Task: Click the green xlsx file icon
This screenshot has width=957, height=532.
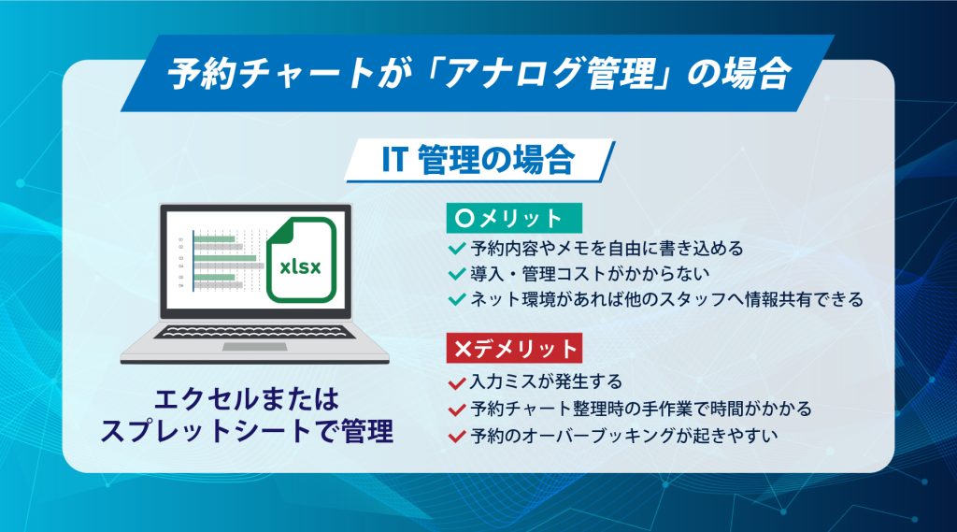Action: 302,260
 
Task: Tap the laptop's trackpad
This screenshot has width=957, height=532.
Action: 254,347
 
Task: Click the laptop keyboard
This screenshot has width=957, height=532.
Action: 254,332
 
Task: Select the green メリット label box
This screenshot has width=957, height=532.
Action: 514,218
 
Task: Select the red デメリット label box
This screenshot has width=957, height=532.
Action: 514,348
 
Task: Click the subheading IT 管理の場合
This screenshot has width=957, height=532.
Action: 478,160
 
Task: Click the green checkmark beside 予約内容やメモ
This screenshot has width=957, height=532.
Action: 457,249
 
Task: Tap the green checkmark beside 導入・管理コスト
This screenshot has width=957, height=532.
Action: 457,274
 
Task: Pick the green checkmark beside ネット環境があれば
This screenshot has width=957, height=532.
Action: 457,300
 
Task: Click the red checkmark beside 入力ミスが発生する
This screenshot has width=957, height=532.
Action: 457,383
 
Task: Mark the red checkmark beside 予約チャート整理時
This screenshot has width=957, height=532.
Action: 457,410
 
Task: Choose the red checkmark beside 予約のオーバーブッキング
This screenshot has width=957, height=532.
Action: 457,436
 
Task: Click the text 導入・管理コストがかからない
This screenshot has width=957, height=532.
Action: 591,274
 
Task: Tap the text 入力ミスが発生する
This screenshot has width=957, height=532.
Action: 546,381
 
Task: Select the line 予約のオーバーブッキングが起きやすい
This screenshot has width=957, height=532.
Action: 623,436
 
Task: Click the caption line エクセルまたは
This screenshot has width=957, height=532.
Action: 247,400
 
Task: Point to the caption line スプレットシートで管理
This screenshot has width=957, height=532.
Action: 247,431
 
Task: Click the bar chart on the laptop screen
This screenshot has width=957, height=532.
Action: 222,262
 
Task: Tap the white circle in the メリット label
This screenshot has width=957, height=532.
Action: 464,218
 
